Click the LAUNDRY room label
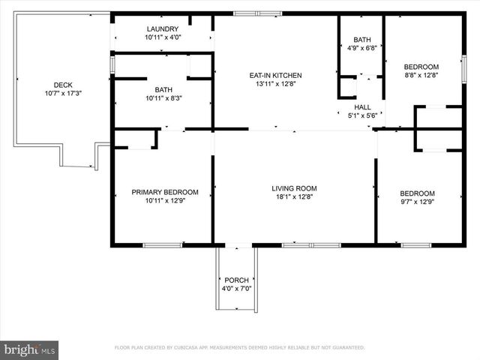pos(163,28)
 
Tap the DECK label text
pos(63,85)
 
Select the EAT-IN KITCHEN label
pos(275,75)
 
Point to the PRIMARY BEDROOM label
pos(165,192)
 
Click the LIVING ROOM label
pos(294,188)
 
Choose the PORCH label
pos(236,280)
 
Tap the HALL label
pos(363,107)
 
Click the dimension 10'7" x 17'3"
pos(63,94)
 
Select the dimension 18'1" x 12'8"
pos(294,197)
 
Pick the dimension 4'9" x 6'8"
pos(362,49)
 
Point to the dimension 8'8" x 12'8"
pos(421,75)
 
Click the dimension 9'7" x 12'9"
pos(417,201)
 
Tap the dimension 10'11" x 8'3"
pos(163,98)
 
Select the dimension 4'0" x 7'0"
pos(236,289)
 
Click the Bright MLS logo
pos(30,349)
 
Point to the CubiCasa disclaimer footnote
pos(239,348)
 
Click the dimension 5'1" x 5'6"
pos(363,115)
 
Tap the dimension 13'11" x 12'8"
pos(275,84)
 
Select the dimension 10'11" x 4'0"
pos(163,37)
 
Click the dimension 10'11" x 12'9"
pos(165,201)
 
